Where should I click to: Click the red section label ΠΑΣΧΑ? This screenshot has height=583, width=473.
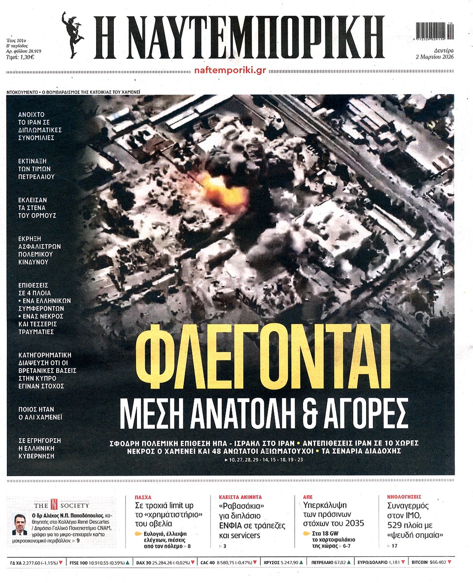[x=143, y=497]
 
